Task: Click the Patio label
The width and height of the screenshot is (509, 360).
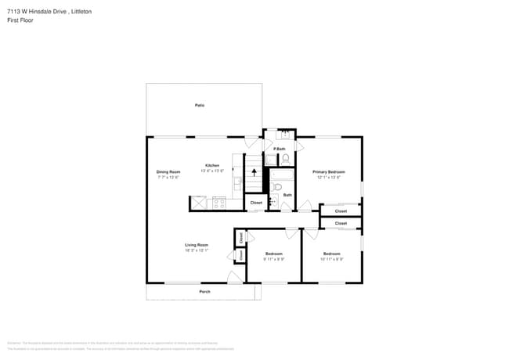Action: pyautogui.click(x=200, y=105)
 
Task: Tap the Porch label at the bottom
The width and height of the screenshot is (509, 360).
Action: pyautogui.click(x=204, y=292)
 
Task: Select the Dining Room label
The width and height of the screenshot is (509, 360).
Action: pyautogui.click(x=168, y=171)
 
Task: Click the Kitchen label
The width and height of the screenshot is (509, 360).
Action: pyautogui.click(x=212, y=166)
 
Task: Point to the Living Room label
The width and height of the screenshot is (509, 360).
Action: pyautogui.click(x=197, y=245)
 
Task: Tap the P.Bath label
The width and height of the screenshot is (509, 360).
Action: pyautogui.click(x=280, y=149)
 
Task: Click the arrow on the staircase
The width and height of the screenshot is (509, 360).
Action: pyautogui.click(x=254, y=172)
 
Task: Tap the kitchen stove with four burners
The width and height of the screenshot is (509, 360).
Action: pyautogui.click(x=219, y=203)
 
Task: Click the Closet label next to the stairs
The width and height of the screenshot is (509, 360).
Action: pyautogui.click(x=256, y=203)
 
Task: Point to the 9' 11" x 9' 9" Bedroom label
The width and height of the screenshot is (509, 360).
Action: pyautogui.click(x=273, y=254)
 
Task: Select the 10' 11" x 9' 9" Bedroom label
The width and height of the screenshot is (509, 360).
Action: pyautogui.click(x=332, y=254)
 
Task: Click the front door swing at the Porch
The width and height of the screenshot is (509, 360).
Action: pyautogui.click(x=234, y=277)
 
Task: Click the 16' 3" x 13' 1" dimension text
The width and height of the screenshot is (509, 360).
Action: pyautogui.click(x=197, y=250)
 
